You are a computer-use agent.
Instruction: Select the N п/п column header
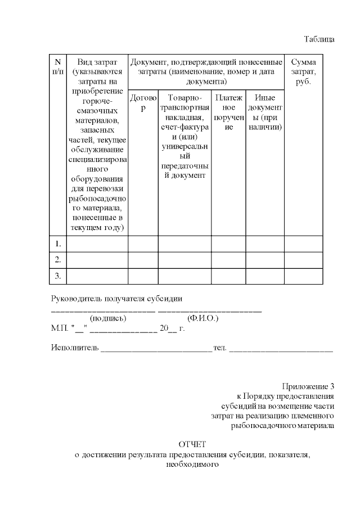tap(57, 66)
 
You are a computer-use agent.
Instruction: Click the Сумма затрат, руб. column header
tap(303, 71)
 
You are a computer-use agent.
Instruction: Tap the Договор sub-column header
tap(143, 102)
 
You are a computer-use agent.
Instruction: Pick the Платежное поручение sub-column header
tap(228, 112)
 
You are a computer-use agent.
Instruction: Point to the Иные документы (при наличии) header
tap(264, 112)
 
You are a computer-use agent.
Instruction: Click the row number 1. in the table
tap(57, 244)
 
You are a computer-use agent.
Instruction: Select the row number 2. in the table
tap(57, 260)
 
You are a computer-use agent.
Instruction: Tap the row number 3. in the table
tap(57, 276)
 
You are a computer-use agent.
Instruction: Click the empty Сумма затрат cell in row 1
tap(303, 244)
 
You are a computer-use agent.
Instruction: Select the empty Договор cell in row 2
tap(143, 260)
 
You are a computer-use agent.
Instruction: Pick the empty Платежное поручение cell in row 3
tap(228, 276)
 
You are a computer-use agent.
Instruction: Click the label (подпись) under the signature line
tap(108, 318)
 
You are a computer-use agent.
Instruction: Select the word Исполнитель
tap(74, 349)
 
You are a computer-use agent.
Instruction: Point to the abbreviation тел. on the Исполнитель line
tap(220, 349)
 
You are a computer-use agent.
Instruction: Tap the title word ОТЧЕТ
tap(192, 444)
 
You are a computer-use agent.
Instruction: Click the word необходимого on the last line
tap(192, 465)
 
